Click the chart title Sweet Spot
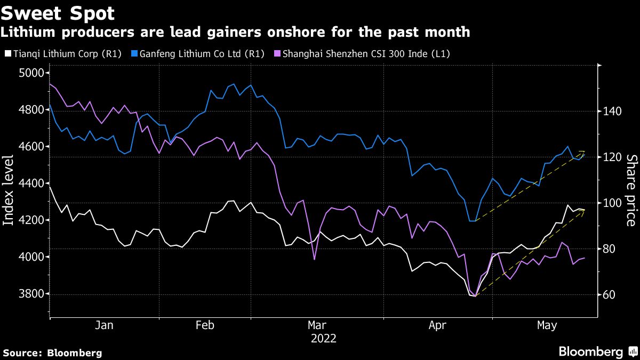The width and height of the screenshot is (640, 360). click(x=58, y=12)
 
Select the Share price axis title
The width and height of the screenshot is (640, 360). click(x=631, y=190)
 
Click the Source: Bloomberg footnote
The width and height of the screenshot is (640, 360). click(x=52, y=353)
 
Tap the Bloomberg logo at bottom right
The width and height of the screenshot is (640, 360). click(x=596, y=352)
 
